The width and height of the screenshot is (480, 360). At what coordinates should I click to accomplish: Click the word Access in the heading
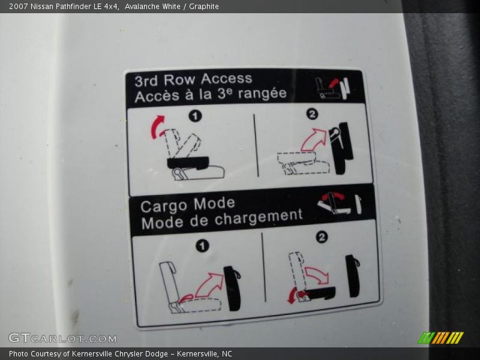click(x=227, y=79)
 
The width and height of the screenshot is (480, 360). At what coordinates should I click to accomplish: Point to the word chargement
click(x=259, y=217)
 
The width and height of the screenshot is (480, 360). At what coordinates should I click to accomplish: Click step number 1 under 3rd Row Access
click(x=196, y=116)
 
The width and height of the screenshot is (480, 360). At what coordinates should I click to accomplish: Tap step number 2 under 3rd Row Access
click(x=312, y=115)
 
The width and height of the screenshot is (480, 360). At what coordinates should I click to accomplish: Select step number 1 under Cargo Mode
click(x=202, y=246)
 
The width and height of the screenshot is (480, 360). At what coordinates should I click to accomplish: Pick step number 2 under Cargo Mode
click(x=322, y=237)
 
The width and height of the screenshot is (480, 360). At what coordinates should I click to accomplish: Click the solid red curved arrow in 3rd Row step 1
click(x=157, y=127)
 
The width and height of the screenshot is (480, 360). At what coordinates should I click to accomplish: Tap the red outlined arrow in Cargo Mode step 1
click(x=209, y=284)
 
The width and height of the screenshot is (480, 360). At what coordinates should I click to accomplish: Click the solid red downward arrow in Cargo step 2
click(x=293, y=296)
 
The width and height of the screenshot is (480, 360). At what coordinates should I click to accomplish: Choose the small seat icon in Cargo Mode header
click(x=339, y=203)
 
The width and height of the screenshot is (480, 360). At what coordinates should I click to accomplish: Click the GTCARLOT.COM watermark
click(x=62, y=338)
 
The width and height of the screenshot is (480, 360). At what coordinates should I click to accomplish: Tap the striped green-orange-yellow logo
click(x=441, y=338)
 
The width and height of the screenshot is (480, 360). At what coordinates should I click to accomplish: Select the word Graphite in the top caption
click(x=204, y=7)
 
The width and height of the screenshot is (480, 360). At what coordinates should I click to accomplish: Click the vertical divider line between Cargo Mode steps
click(x=263, y=267)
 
